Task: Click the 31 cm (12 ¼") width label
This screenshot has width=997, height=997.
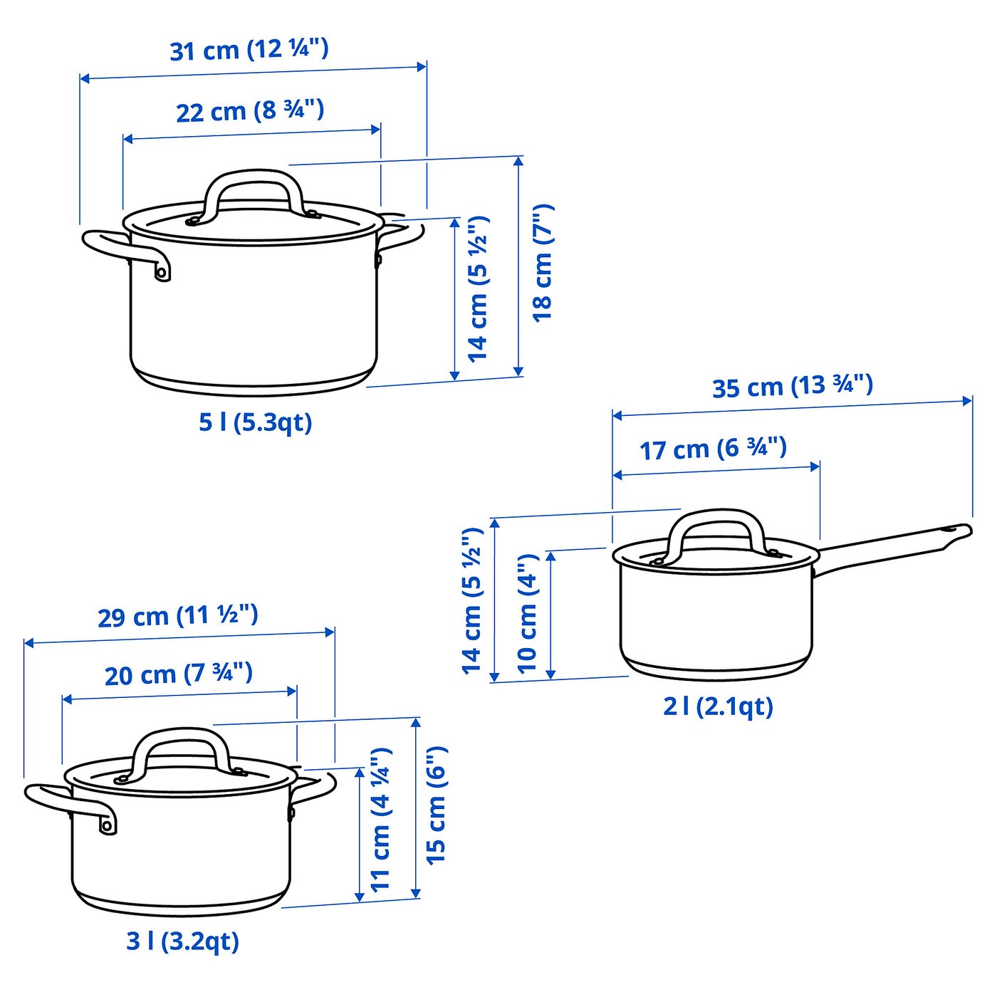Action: tap(249, 50)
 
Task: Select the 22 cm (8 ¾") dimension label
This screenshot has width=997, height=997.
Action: tap(250, 111)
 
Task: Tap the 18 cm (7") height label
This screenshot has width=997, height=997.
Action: tap(543, 263)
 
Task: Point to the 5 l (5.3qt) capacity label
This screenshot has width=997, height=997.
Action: tap(255, 422)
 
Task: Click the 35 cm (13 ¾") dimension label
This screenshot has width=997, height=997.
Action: tap(792, 387)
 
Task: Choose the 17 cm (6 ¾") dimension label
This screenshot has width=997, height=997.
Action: tap(713, 449)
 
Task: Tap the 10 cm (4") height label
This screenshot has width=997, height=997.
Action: tap(527, 613)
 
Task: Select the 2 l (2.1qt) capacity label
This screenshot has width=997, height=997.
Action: tap(718, 706)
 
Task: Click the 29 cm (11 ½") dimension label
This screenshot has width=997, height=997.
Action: tap(178, 616)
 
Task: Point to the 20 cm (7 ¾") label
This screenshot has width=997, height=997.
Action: tap(178, 674)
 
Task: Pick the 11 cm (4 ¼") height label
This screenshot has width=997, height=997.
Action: tap(381, 819)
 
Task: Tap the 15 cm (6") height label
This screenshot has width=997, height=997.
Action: tap(436, 805)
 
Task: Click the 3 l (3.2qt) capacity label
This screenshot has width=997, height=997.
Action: tap(182, 941)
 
